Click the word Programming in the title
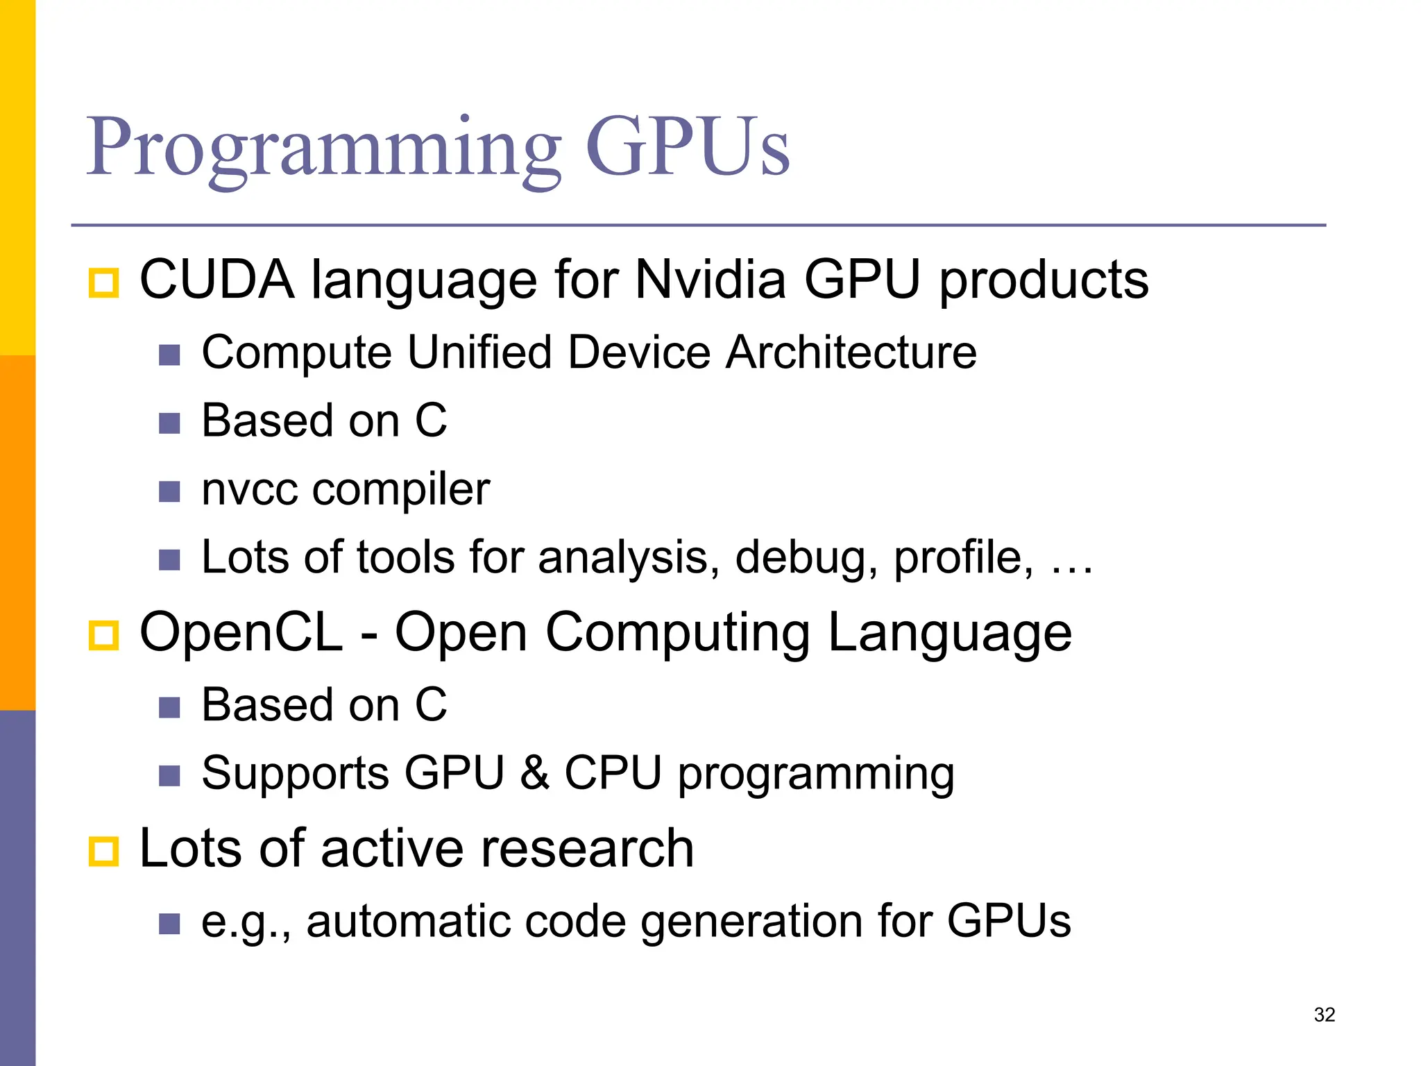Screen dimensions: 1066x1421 pyautogui.click(x=323, y=147)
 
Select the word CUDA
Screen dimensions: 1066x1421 pyautogui.click(x=216, y=280)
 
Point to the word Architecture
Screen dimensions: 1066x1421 pyautogui.click(x=851, y=352)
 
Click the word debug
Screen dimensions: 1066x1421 pyautogui.click(x=806, y=557)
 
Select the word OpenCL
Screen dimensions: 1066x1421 pyautogui.click(x=241, y=632)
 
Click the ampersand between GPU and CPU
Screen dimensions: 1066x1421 pyautogui.click(x=534, y=773)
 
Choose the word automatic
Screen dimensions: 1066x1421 pyautogui.click(x=407, y=921)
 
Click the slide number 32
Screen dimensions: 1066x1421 pyautogui.click(x=1325, y=1015)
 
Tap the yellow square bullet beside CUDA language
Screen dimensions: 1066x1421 pyautogui.click(x=104, y=283)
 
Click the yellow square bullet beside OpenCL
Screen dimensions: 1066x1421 pyautogui.click(x=104, y=636)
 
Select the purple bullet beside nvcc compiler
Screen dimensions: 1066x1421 pyautogui.click(x=169, y=492)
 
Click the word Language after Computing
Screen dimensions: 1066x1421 pyautogui.click(x=949, y=632)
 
